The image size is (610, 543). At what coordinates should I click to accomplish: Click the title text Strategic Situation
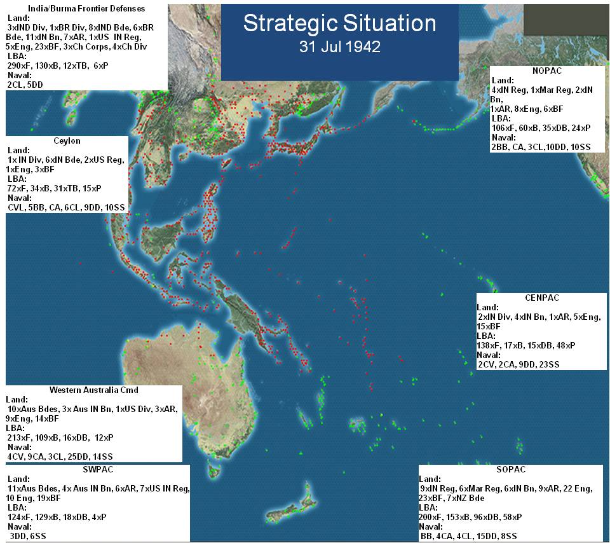pyautogui.click(x=339, y=24)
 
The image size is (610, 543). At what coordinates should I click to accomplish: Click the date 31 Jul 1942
pyautogui.click(x=339, y=47)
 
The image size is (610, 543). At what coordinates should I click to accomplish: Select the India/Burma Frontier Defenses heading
pyautogui.click(x=86, y=9)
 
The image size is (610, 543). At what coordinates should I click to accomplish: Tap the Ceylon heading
pyautogui.click(x=67, y=141)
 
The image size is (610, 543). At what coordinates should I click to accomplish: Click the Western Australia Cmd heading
pyautogui.click(x=93, y=390)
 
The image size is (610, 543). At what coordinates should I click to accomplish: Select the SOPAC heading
pyautogui.click(x=510, y=469)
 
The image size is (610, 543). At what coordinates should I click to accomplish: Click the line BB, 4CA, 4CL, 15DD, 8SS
pyautogui.click(x=468, y=537)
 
